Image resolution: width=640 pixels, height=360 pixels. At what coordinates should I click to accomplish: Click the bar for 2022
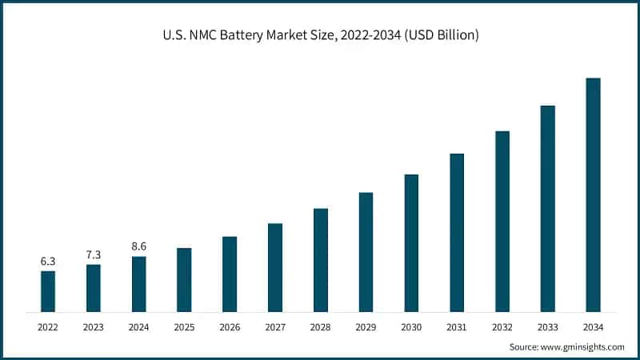click(x=48, y=291)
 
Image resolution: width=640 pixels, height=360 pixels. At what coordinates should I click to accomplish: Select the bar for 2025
click(x=184, y=279)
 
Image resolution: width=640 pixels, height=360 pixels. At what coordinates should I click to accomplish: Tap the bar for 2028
click(x=321, y=260)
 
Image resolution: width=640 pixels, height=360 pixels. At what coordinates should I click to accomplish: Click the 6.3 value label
click(x=48, y=262)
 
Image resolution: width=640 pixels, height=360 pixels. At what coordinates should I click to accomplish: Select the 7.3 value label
click(x=94, y=255)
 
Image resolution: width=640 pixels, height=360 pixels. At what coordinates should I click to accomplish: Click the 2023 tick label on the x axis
click(x=94, y=327)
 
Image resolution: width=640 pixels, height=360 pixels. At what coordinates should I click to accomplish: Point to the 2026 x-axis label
click(x=230, y=327)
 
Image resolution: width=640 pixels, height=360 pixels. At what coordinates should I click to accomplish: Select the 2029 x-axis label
click(x=366, y=327)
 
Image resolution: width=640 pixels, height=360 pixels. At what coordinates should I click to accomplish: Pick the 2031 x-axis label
click(x=457, y=327)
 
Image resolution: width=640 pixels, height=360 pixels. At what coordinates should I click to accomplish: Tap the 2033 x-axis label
click(x=547, y=327)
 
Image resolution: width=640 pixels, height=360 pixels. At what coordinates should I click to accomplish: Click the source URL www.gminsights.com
click(x=582, y=347)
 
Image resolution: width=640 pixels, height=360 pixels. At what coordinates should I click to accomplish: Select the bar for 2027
click(x=275, y=267)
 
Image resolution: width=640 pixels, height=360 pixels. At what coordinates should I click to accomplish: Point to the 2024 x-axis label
click(x=138, y=327)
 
